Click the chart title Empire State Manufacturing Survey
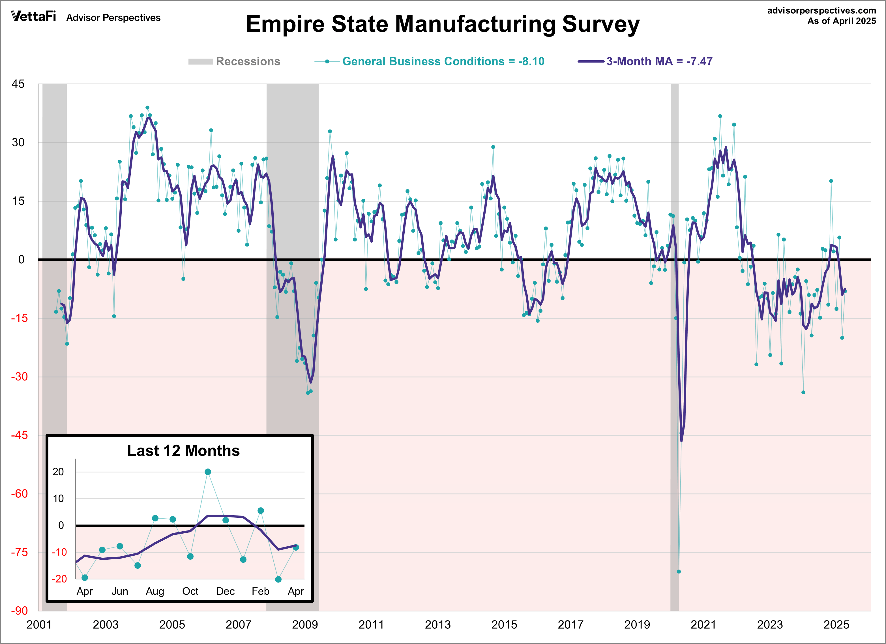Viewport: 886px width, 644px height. pos(442,24)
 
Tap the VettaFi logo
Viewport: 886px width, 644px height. pos(34,16)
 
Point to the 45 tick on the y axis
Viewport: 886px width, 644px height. pos(18,84)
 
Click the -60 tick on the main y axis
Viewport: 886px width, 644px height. pos(19,494)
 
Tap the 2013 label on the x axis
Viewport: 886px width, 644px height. pos(437,624)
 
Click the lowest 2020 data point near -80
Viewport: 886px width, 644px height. pos(679,571)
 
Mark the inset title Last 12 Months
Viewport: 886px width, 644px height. pos(183,451)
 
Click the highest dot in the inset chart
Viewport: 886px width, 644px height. pos(208,472)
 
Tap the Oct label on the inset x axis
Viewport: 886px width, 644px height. pos(190,591)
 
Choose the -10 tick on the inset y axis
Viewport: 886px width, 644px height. pos(59,552)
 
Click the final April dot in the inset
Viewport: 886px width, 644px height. pos(296,547)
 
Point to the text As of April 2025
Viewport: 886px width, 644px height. pos(842,21)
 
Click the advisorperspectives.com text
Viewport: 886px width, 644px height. pos(821,10)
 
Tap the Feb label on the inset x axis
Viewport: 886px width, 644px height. pos(261,591)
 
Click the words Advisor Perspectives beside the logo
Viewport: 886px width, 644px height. pos(113,18)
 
